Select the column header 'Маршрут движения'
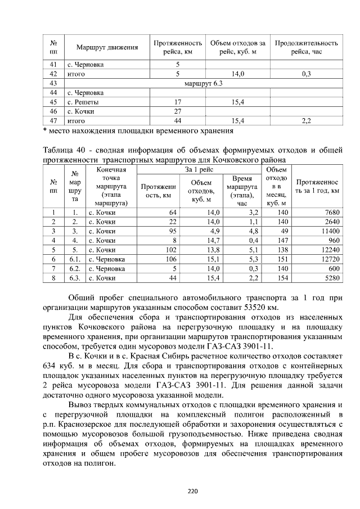pyautogui.click(x=107, y=48)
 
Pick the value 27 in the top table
pyautogui.click(x=177, y=111)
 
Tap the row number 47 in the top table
pyautogui.click(x=54, y=120)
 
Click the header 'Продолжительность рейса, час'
pyautogui.click(x=306, y=48)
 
